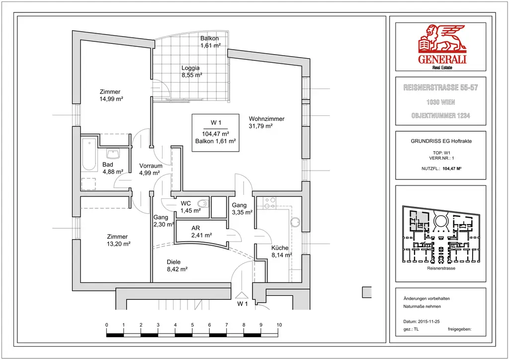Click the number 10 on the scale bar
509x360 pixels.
coord(279,325)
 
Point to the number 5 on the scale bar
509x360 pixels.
coord(192,325)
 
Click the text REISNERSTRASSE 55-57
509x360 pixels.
coord(441,88)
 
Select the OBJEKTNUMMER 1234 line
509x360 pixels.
coord(441,115)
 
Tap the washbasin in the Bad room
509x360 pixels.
coord(113,154)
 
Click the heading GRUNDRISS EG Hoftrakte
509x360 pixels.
coord(441,141)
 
